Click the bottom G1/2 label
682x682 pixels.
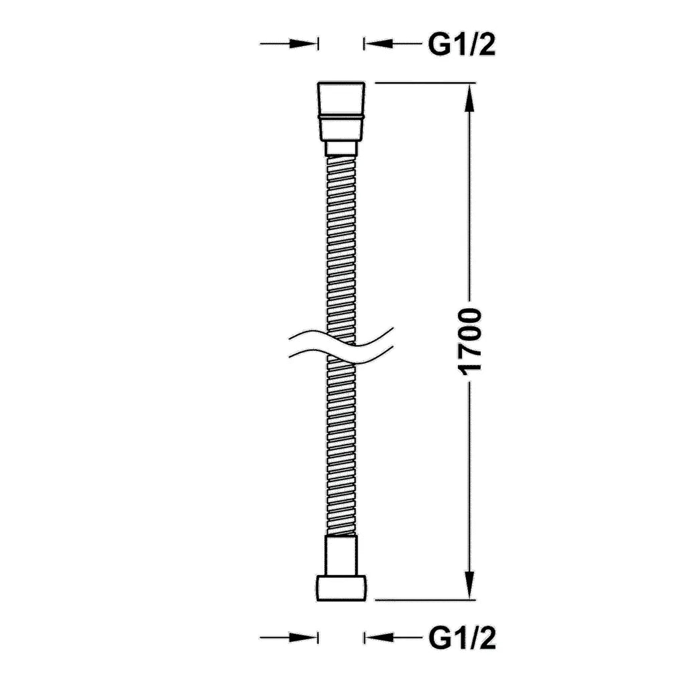point(462,639)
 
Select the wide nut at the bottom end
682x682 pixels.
point(342,588)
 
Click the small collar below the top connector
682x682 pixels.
point(342,148)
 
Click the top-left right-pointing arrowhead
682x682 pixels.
point(303,43)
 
